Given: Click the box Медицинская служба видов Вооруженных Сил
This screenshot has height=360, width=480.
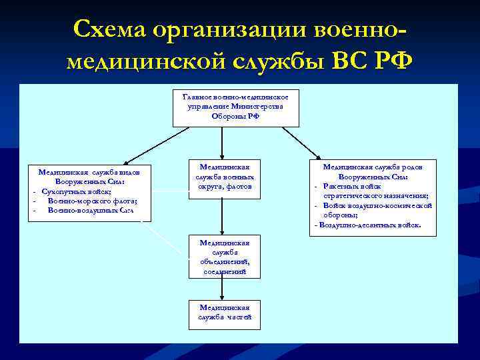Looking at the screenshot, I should coord(89,192).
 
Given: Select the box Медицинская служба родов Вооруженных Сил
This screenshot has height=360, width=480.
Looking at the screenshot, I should coord(373,197).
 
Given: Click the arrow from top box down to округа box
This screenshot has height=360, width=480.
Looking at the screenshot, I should coord(222,143).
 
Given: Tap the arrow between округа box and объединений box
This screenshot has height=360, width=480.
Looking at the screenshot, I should coord(222,216).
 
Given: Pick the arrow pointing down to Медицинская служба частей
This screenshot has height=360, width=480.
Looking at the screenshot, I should coord(222,289).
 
